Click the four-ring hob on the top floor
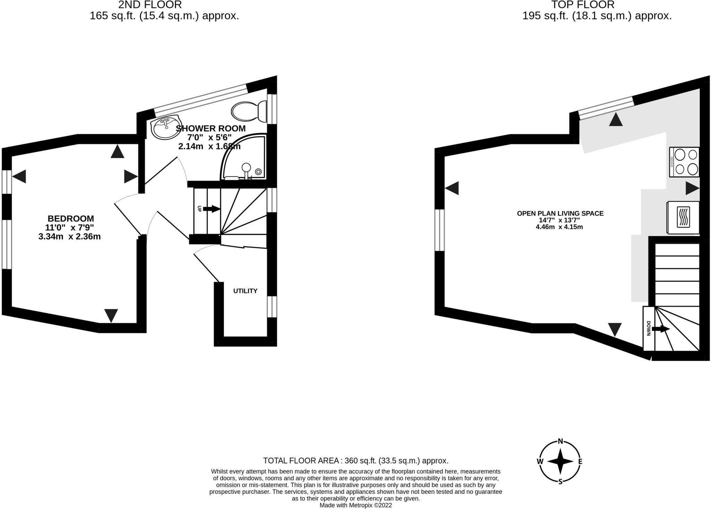[x=684, y=162]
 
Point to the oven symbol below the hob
[x=683, y=217]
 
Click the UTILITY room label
[x=245, y=291]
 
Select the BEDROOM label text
[x=70, y=219]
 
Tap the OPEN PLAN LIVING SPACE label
[x=560, y=214]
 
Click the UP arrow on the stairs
[x=211, y=209]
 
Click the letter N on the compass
[x=560, y=441]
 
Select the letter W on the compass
[x=540, y=461]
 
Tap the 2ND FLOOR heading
[x=150, y=5]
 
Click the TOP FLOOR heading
[x=583, y=5]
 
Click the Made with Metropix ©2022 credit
[x=355, y=505]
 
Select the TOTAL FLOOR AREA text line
[x=355, y=461]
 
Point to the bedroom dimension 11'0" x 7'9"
[x=69, y=228]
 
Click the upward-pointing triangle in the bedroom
[x=117, y=152]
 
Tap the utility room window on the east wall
[x=272, y=307]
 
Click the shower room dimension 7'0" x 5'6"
[x=209, y=137]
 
